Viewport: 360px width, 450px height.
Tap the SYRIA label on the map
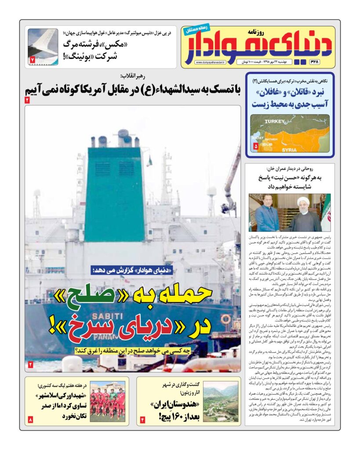coord(289,150)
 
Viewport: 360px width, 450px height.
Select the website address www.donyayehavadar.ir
coord(210,63)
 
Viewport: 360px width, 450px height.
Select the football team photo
coord(108,401)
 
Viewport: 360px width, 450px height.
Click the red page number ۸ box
coord(30,420)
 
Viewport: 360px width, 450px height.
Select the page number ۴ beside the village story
coord(142,420)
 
